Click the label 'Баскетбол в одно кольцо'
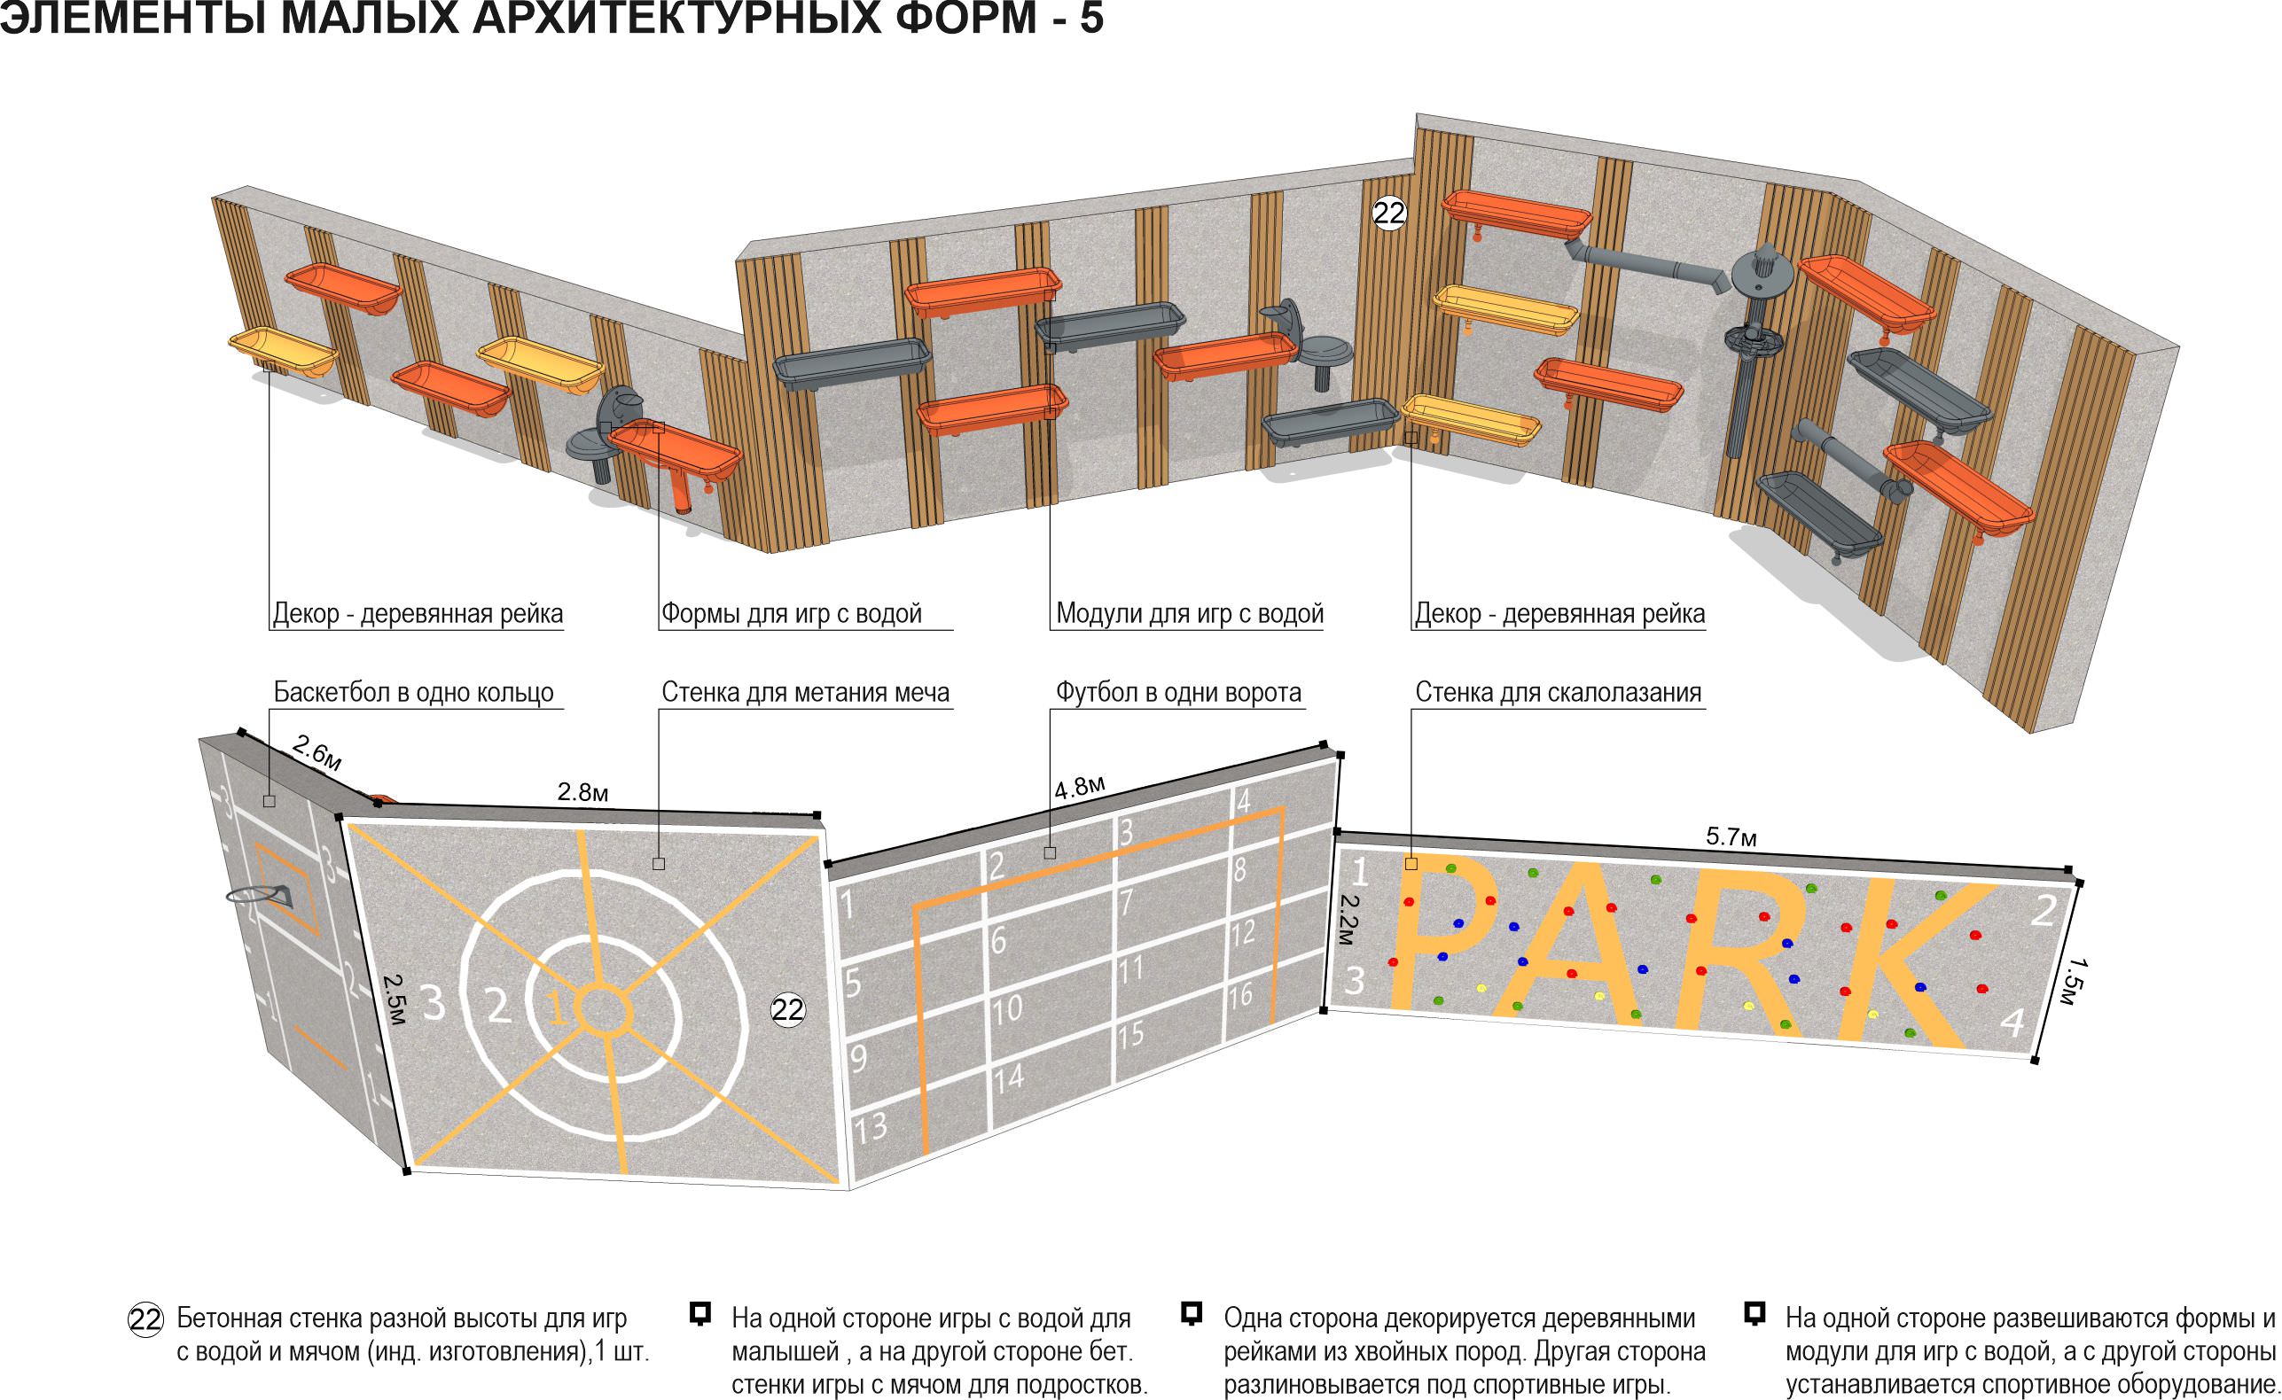[x=413, y=693]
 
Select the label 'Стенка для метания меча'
[x=805, y=693]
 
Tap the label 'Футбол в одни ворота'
[x=1178, y=693]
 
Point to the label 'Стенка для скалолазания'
[x=1558, y=693]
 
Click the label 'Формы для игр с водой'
[x=791, y=613]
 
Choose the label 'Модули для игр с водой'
[x=1189, y=613]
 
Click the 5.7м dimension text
[x=1731, y=837]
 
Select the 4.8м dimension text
[x=1080, y=787]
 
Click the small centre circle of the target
[x=603, y=1007]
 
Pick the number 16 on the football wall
[x=1241, y=996]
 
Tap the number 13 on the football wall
[x=870, y=1128]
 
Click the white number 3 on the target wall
[x=433, y=1003]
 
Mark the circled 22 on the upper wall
[x=1388, y=214]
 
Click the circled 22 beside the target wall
[x=787, y=1009]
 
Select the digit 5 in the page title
[x=1091, y=18]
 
